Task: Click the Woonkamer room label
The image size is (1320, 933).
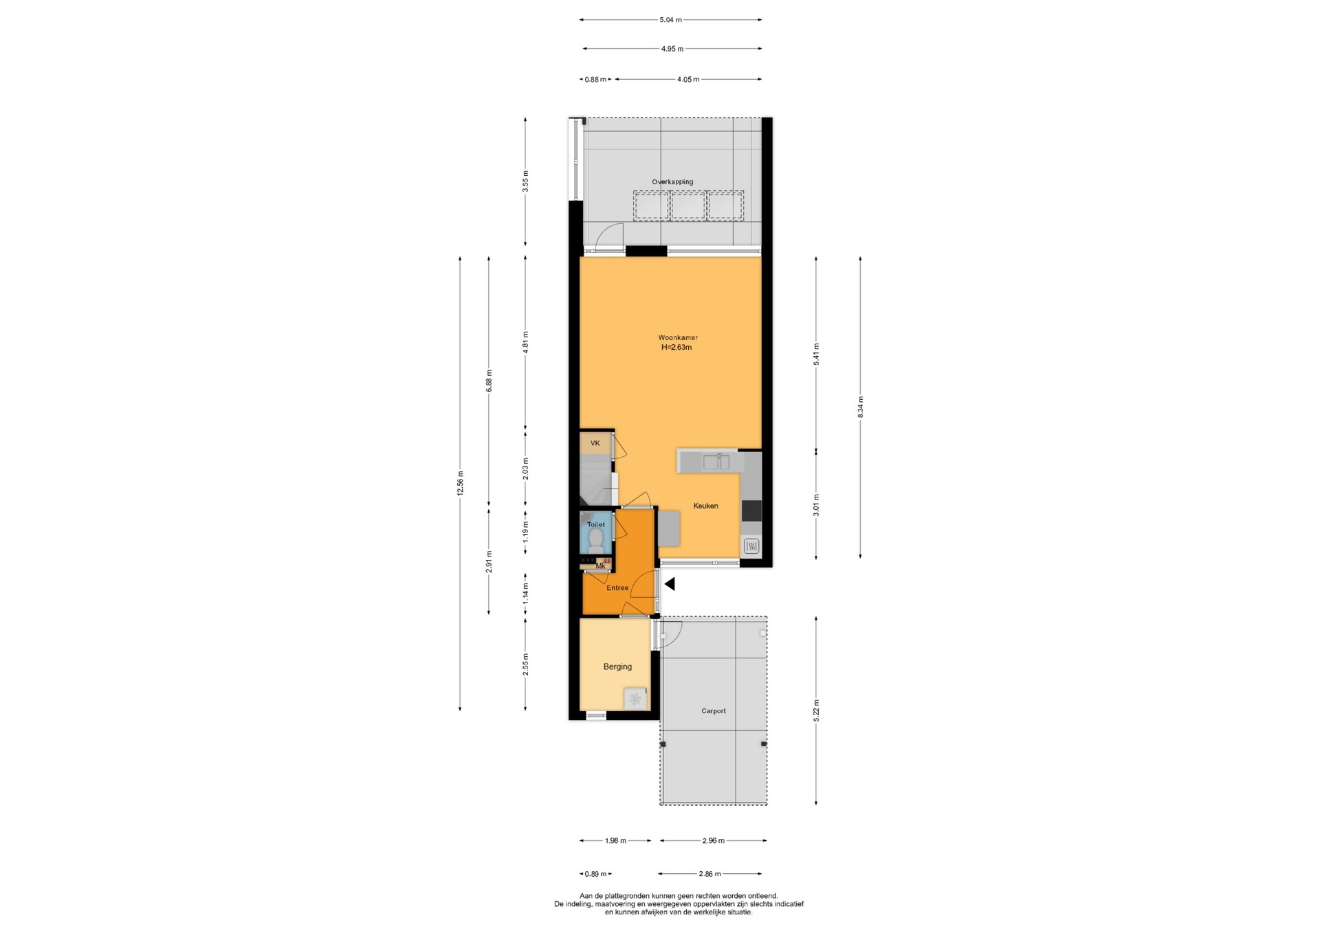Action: pyautogui.click(x=678, y=337)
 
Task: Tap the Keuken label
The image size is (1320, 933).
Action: pyautogui.click(x=705, y=506)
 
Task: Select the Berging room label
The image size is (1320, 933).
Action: pyautogui.click(x=617, y=666)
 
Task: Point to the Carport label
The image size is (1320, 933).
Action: pyautogui.click(x=714, y=711)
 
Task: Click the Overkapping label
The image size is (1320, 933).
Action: pyautogui.click(x=672, y=182)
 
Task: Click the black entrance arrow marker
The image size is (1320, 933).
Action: pyautogui.click(x=669, y=584)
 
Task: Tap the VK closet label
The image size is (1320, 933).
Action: pyautogui.click(x=595, y=443)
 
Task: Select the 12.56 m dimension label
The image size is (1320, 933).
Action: pyautogui.click(x=461, y=482)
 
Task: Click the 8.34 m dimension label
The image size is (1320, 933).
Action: pyautogui.click(x=860, y=407)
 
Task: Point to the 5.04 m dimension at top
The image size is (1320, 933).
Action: pyautogui.click(x=671, y=20)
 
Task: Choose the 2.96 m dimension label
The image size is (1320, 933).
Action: pyautogui.click(x=713, y=840)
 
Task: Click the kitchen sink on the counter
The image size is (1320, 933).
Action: pyautogui.click(x=716, y=461)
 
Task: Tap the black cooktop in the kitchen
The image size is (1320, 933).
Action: pyautogui.click(x=751, y=510)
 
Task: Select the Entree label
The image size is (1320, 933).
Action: pyautogui.click(x=617, y=588)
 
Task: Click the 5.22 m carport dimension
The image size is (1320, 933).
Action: pyautogui.click(x=816, y=710)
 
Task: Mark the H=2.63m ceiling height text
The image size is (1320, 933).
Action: pyautogui.click(x=676, y=348)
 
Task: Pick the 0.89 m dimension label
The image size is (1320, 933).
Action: pyautogui.click(x=595, y=874)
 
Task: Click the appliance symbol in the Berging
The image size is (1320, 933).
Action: pyautogui.click(x=636, y=699)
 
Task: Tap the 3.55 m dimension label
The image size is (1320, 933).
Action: pyautogui.click(x=526, y=180)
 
